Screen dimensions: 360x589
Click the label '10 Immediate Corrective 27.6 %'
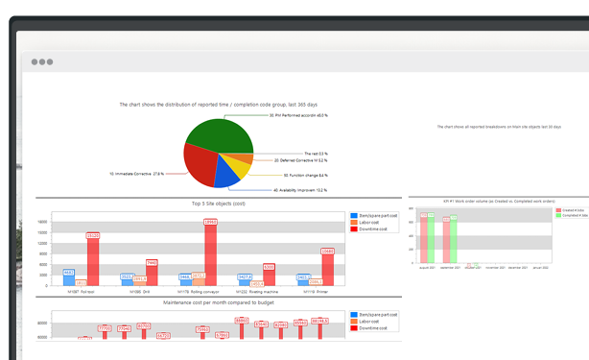pos(137,174)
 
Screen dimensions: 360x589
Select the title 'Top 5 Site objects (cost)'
pos(217,204)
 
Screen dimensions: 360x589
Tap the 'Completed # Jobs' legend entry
pos(573,215)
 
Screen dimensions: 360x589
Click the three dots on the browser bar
pos(41,61)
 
